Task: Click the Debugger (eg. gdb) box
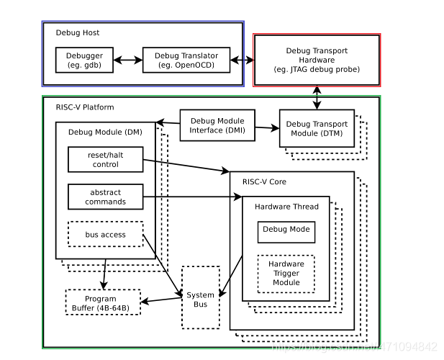click(x=84, y=60)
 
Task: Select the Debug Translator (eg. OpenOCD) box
click(x=186, y=60)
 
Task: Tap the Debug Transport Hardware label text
click(x=317, y=59)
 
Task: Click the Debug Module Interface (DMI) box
click(x=217, y=125)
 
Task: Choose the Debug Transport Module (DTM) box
click(x=317, y=128)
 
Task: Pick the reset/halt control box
click(x=105, y=159)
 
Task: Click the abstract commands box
click(x=105, y=197)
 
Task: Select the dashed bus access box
click(x=105, y=234)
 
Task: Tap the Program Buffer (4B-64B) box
click(x=102, y=302)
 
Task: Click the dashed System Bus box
click(x=200, y=300)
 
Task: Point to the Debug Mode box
click(x=285, y=230)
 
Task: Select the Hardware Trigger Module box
click(x=286, y=273)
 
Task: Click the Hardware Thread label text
click(x=286, y=207)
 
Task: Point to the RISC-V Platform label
click(x=85, y=107)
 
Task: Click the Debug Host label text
click(x=78, y=33)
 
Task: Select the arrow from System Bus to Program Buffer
click(x=160, y=300)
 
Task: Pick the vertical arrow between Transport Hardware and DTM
click(x=317, y=97)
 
